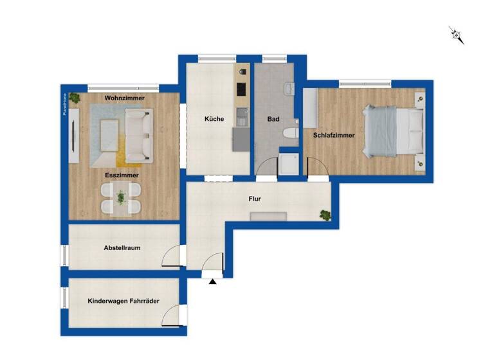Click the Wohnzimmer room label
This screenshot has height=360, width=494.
(125, 98)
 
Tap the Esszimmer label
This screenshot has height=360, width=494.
(122, 174)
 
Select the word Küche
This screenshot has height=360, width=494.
(214, 120)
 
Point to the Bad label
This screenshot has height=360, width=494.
(273, 120)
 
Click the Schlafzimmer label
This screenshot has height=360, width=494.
(334, 136)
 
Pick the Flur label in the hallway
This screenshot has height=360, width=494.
(255, 199)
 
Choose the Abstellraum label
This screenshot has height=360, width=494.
(122, 248)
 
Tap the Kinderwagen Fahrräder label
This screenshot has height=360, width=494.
(123, 301)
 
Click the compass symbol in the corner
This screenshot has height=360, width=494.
(457, 35)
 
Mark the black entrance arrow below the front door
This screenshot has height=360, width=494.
(212, 280)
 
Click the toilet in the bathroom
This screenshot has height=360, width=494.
(289, 133)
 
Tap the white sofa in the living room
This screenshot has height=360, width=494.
(139, 134)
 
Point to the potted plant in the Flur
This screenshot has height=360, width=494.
(325, 214)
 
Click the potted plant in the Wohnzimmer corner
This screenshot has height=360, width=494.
(75, 98)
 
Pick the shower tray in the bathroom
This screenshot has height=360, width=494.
(289, 164)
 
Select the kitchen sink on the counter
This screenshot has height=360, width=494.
(242, 117)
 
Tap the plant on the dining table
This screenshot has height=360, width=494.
(122, 198)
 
